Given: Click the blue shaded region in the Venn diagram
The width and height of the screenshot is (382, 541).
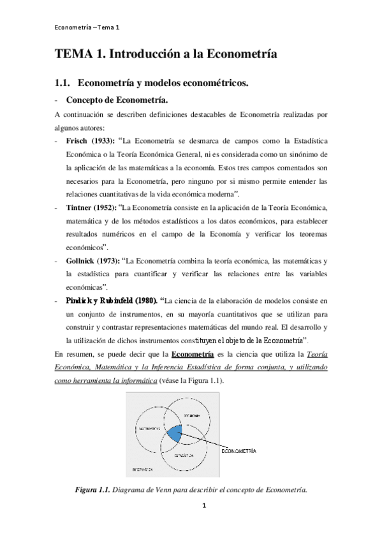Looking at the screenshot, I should pyautogui.click(x=175, y=434).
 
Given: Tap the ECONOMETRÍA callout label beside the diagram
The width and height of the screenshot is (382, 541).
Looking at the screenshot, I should pyautogui.click(x=239, y=451).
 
